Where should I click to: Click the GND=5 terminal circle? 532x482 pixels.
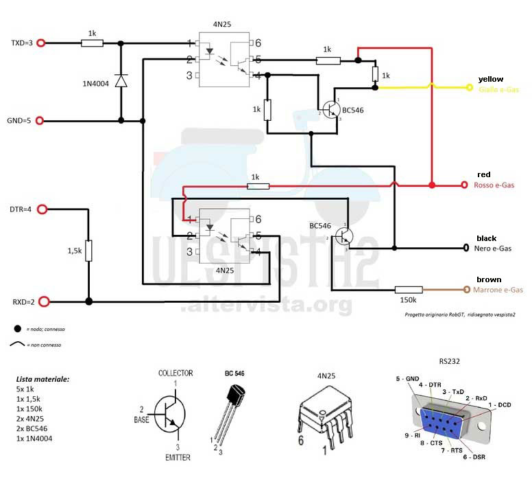(x=40, y=121)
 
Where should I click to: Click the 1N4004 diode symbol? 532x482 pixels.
(x=121, y=82)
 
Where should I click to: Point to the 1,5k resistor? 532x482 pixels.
(x=88, y=251)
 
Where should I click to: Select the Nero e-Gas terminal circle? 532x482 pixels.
(x=466, y=248)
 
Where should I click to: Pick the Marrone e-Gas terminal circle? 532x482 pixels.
(x=466, y=290)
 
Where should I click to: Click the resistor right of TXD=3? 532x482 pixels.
(x=92, y=43)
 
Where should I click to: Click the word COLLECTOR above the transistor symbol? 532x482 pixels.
(x=176, y=374)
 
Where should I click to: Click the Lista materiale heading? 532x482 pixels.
(x=43, y=378)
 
